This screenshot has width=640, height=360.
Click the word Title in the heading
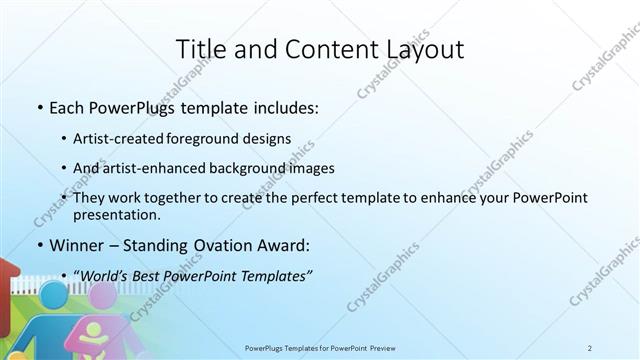pos(200,49)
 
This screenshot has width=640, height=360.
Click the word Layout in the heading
pos(420,49)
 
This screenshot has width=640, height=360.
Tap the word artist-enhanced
pos(155,168)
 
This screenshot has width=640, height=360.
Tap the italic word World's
pos(103,275)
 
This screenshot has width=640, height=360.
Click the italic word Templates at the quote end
pos(278,275)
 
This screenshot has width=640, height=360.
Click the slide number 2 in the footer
pos(590,348)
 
